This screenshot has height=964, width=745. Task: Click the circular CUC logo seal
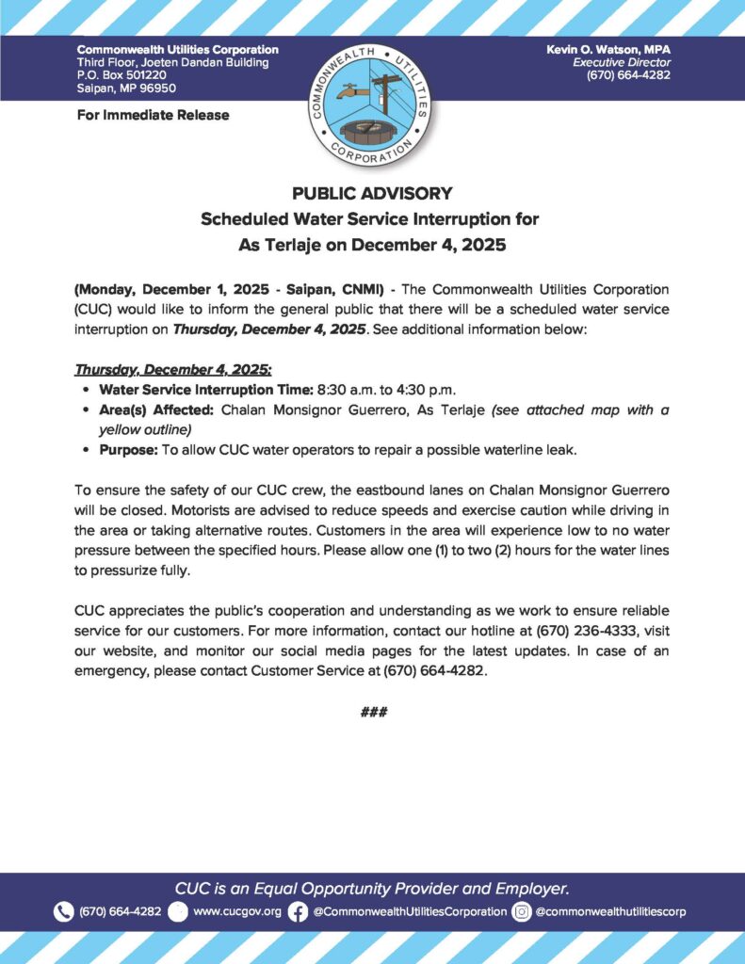372,103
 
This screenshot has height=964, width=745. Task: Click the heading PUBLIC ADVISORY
372,194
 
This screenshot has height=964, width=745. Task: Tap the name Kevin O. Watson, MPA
608,49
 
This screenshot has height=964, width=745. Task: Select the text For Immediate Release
153,115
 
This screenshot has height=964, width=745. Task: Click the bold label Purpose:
128,449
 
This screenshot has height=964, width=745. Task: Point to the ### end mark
373,713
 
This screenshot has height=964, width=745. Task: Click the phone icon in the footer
63,911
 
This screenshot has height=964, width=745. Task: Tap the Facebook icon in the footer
298,911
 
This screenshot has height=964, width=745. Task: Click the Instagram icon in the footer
521,911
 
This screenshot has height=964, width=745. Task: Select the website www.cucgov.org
236,911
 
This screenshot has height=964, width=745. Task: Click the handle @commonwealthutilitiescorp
610,911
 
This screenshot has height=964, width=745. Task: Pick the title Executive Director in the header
622,62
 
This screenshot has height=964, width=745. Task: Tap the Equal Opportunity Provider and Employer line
372,888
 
